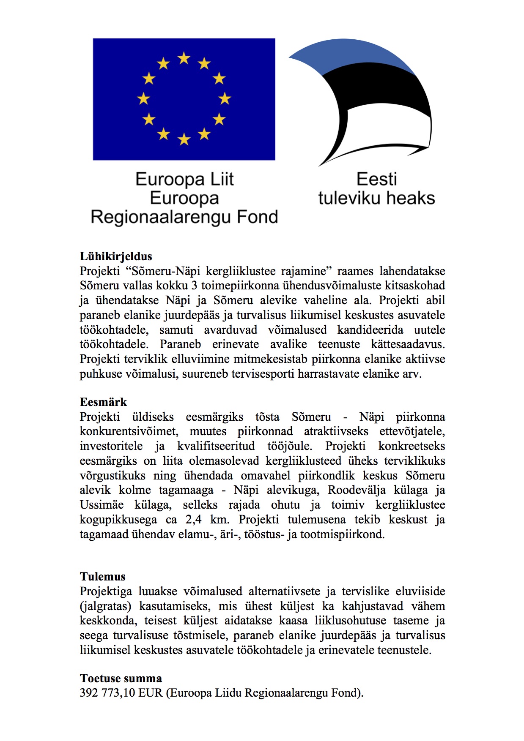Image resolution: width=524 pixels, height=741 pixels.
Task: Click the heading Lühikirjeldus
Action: click(x=116, y=256)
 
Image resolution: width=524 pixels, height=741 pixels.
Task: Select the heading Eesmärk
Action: click(x=103, y=402)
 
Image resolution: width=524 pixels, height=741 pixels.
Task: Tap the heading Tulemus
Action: click(x=103, y=577)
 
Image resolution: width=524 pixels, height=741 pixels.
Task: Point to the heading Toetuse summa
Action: click(x=121, y=678)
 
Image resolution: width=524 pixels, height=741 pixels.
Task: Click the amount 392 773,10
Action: click(x=107, y=693)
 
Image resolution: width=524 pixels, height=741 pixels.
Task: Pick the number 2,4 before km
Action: click(x=193, y=519)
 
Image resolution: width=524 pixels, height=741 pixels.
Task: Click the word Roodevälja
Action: click(x=357, y=490)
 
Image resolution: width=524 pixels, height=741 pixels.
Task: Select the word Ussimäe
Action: click(x=102, y=505)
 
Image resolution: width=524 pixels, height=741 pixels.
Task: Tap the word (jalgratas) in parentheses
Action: click(x=105, y=606)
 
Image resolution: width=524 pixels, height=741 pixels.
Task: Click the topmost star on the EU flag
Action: click(x=184, y=58)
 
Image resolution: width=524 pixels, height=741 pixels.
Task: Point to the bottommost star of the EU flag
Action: click(x=184, y=139)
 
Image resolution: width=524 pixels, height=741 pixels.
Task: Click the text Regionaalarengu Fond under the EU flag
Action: click(x=184, y=217)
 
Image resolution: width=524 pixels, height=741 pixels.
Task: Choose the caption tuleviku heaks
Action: click(x=376, y=198)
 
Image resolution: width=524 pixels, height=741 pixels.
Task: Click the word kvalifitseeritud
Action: click(x=216, y=446)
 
